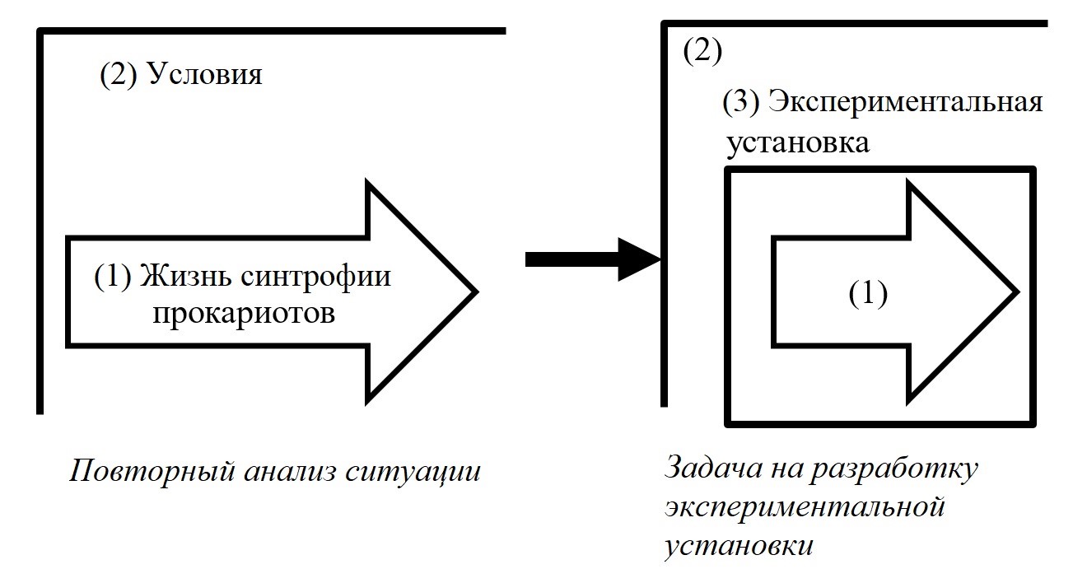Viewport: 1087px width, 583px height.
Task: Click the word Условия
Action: click(x=204, y=75)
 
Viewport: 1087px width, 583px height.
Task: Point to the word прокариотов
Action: click(x=244, y=313)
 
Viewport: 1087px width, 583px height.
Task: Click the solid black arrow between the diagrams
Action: click(x=593, y=260)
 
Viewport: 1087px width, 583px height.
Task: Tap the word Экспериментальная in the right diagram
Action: click(x=905, y=103)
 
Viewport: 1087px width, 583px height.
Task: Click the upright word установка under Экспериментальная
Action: click(x=797, y=142)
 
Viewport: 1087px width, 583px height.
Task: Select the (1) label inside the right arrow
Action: click(x=868, y=294)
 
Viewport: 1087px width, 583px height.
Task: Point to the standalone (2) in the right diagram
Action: click(x=702, y=52)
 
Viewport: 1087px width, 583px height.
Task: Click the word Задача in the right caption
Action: click(x=707, y=469)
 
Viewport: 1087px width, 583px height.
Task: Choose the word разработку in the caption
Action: click(x=893, y=469)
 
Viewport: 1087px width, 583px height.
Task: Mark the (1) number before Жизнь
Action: click(x=113, y=277)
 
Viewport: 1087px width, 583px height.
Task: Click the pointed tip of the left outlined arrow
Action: click(x=474, y=291)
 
